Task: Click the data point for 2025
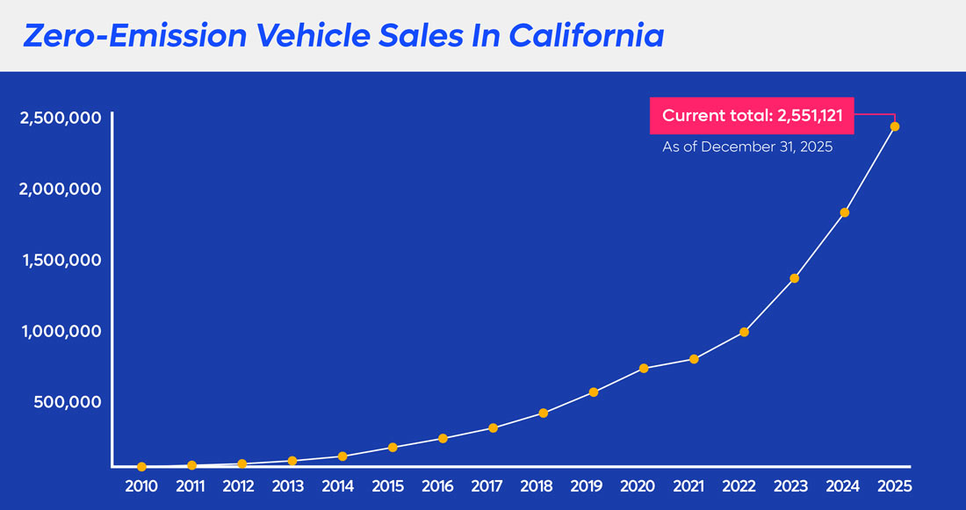pyautogui.click(x=895, y=126)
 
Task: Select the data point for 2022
pyautogui.click(x=744, y=332)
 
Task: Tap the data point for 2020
pyautogui.click(x=644, y=368)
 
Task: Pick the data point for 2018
pyautogui.click(x=544, y=413)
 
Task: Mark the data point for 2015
pyautogui.click(x=393, y=448)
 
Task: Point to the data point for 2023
pyautogui.click(x=795, y=278)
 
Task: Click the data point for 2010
pyautogui.click(x=141, y=467)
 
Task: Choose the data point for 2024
pyautogui.click(x=845, y=212)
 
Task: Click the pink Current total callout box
pyautogui.click(x=752, y=116)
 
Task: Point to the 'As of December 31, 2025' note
pyautogui.click(x=746, y=147)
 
